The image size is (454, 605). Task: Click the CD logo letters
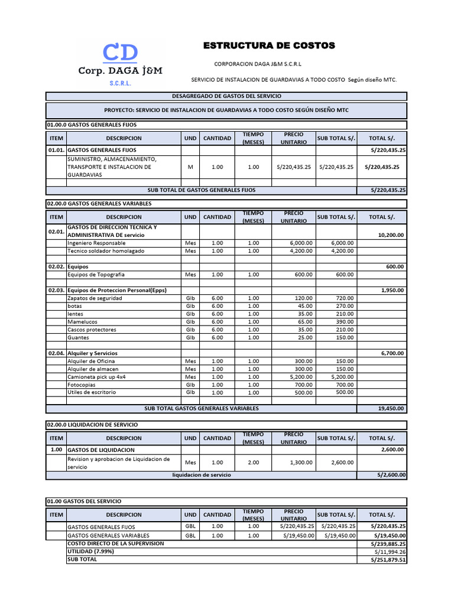(x=120, y=53)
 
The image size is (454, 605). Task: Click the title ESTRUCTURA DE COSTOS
(x=269, y=45)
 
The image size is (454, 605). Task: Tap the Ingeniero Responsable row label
(x=96, y=243)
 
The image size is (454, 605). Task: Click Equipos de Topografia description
(x=96, y=274)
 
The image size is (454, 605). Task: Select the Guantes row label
(x=79, y=337)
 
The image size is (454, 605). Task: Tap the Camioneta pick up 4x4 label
(x=96, y=376)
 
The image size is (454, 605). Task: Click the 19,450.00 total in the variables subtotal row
(x=390, y=408)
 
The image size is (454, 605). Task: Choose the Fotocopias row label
(x=82, y=385)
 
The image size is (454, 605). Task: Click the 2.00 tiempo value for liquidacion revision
(x=253, y=463)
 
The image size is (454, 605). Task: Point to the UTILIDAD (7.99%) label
(x=91, y=551)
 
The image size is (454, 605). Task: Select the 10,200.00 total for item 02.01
(x=390, y=235)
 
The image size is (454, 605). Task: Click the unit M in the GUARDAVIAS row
(x=190, y=167)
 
